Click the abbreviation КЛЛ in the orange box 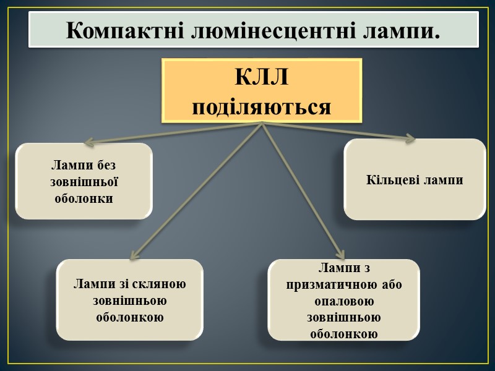[x=261, y=79]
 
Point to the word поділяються [x=261, y=106]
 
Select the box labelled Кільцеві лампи [x=415, y=179]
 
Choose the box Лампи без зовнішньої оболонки [x=84, y=181]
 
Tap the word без [x=106, y=166]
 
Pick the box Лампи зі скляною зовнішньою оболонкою [x=129, y=300]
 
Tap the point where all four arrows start [x=262, y=123]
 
